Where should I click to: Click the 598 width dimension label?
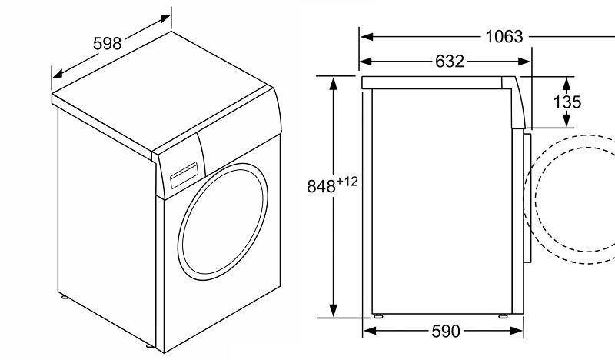click(108, 43)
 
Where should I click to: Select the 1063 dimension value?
click(504, 36)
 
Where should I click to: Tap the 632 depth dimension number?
click(450, 62)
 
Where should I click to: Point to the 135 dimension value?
click(567, 102)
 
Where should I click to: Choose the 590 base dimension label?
click(445, 331)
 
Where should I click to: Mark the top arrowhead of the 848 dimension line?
click(333, 82)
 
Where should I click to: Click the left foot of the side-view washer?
click(377, 315)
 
